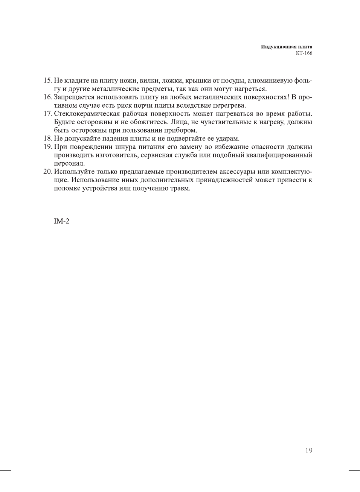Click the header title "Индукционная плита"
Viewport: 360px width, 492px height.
click(x=287, y=47)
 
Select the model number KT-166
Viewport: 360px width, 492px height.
click(x=304, y=53)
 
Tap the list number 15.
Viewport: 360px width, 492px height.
click(x=47, y=80)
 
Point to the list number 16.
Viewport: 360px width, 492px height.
click(x=47, y=97)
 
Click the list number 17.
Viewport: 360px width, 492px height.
click(x=47, y=113)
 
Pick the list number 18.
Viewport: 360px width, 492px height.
click(x=47, y=138)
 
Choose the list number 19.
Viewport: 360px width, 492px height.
click(x=47, y=146)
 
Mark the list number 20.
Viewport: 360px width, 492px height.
click(x=47, y=171)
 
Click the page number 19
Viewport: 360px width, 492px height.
click(x=308, y=451)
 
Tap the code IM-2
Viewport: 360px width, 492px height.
click(x=61, y=221)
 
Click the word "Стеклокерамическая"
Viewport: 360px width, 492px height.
click(x=87, y=113)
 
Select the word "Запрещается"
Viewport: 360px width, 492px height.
click(x=73, y=97)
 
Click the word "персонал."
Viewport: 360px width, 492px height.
click(x=69, y=163)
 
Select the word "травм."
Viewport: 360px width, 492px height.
click(x=180, y=188)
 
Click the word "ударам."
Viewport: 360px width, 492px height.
click(x=227, y=138)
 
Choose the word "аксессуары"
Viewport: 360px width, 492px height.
click(x=237, y=171)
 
